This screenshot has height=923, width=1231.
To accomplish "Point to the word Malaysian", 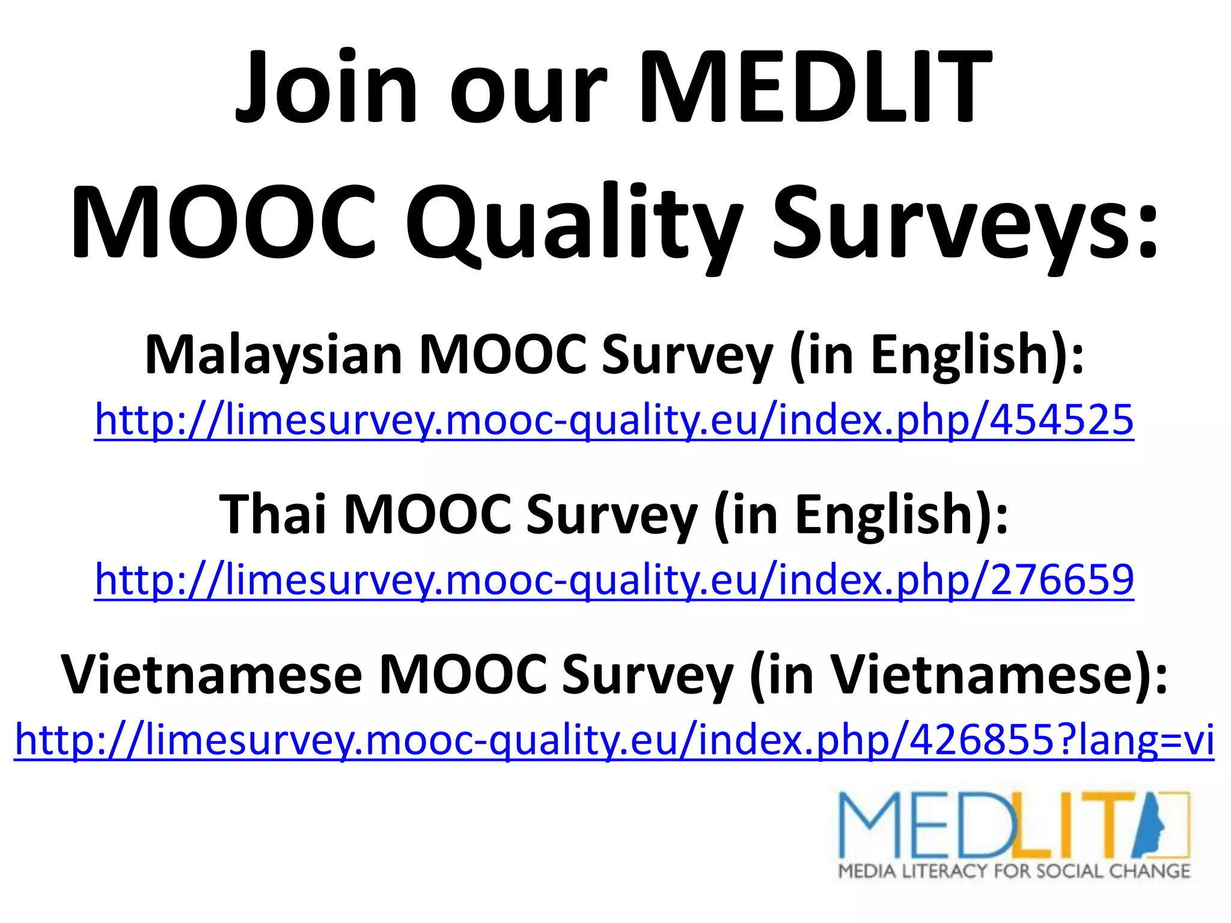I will point(273,355).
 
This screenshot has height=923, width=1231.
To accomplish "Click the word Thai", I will point(273,514).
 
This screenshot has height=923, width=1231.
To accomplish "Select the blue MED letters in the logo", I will point(926,826).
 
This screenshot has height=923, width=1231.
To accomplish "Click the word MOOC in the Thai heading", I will point(427,514).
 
